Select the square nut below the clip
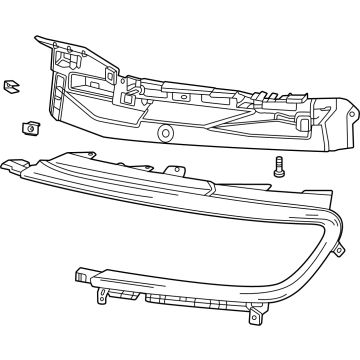click(29, 127)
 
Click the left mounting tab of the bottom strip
click(99, 297)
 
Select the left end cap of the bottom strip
click(83, 275)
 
